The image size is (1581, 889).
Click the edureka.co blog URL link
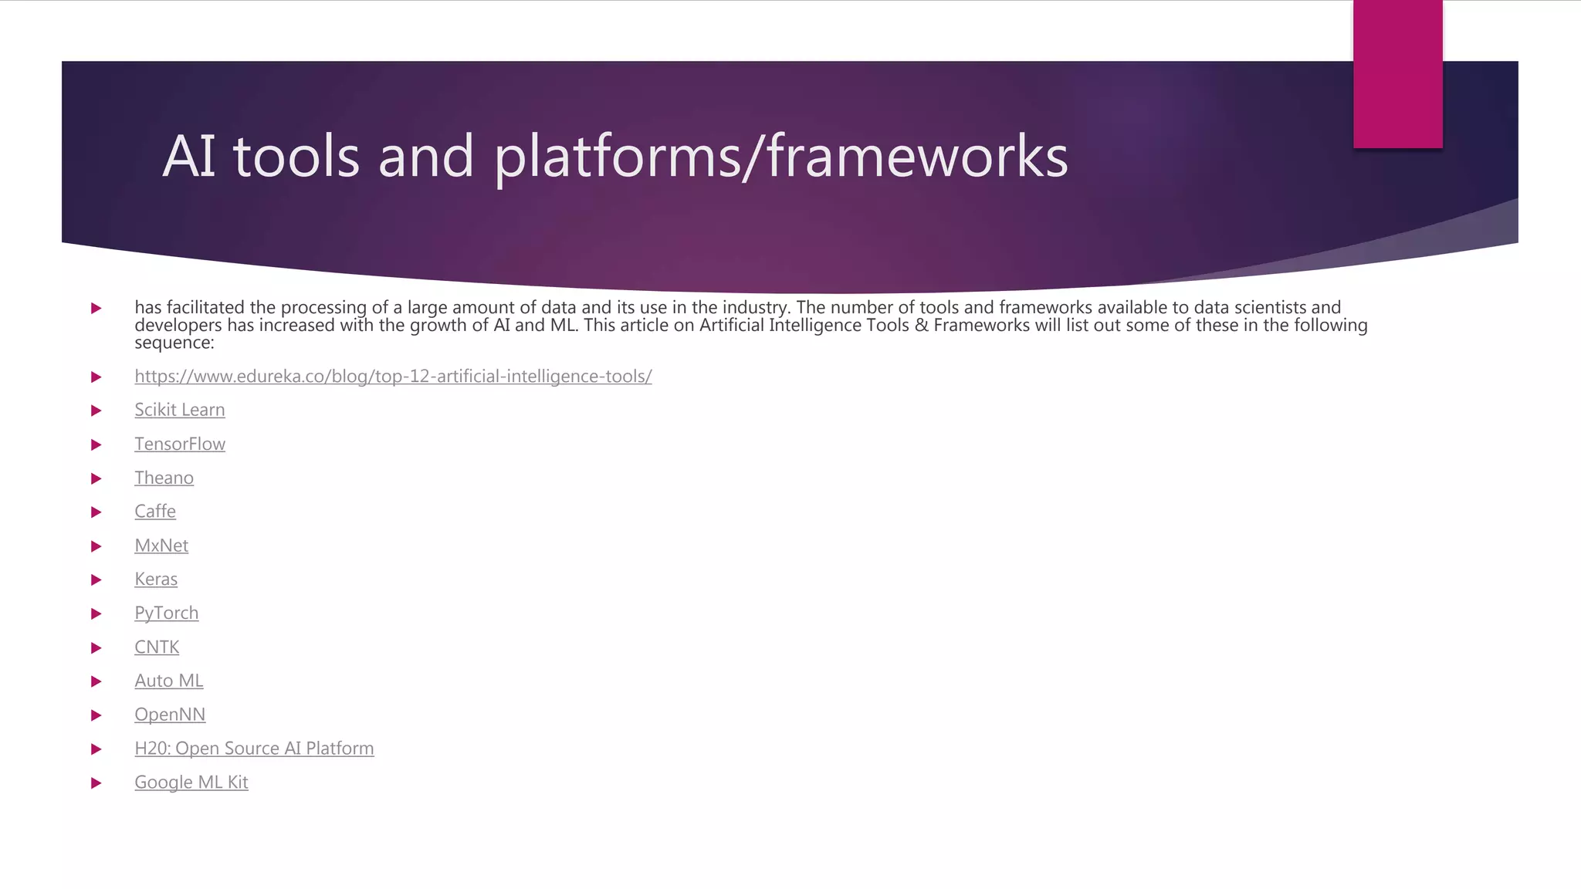pos(393,377)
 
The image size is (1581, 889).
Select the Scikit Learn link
pos(180,410)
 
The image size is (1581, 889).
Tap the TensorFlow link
pos(180,444)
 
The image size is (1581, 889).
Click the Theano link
pos(164,478)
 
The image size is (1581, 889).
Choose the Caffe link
pos(155,512)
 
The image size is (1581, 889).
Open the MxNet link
pos(161,546)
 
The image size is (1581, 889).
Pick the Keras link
pos(156,579)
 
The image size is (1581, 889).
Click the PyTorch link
pos(166,613)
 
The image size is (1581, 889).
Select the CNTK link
pos(157,647)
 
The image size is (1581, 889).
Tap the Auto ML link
pos(169,681)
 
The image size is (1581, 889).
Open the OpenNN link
pos(170,715)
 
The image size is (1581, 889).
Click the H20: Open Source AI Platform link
pos(254,749)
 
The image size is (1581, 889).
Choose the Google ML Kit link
pos(191,783)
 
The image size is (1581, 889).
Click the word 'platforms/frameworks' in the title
pos(780,157)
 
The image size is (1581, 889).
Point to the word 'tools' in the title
pos(296,157)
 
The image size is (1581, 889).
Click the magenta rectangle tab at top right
pos(1397,74)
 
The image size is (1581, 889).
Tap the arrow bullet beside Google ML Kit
pos(96,783)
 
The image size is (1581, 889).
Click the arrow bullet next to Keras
pos(96,580)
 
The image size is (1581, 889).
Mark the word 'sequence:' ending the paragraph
pos(174,343)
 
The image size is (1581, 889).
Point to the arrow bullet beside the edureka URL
pos(96,377)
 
